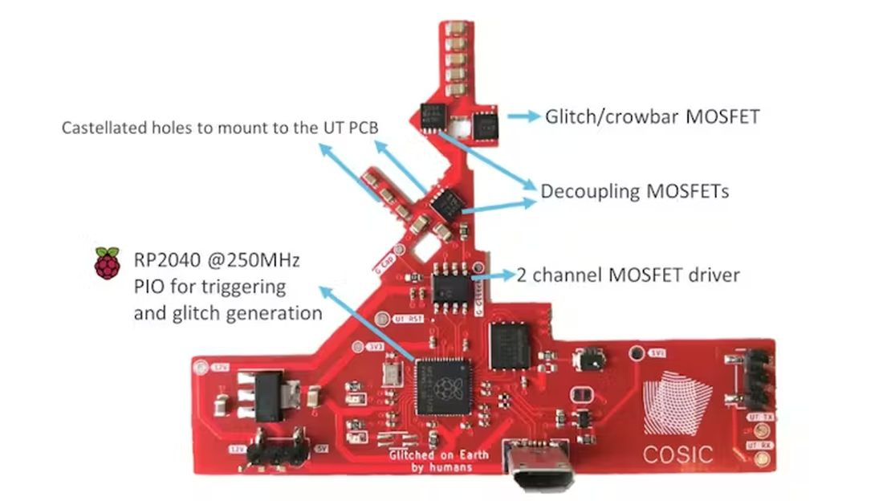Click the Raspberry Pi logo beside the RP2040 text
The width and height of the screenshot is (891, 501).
coord(107,263)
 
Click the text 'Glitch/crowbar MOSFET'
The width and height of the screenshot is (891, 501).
coord(652,117)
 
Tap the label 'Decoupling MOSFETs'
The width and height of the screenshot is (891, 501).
coord(634,192)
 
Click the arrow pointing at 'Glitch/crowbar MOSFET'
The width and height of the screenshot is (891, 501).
coord(523,117)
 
